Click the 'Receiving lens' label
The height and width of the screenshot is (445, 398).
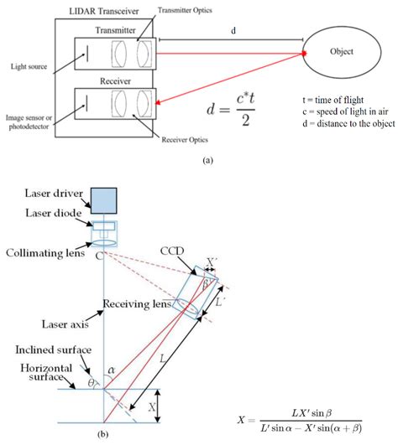pyautogui.click(x=139, y=304)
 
